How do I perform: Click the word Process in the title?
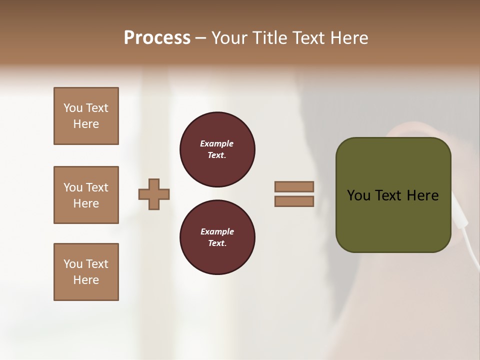click(x=157, y=38)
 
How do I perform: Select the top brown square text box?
click(x=86, y=116)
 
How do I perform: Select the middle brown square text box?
click(x=86, y=195)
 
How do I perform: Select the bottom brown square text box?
click(x=86, y=272)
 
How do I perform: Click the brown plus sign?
click(x=154, y=194)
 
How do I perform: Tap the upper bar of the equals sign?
click(x=294, y=186)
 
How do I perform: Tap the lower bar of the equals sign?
click(x=294, y=201)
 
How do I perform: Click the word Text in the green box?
click(x=388, y=195)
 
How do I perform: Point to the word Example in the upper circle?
click(x=217, y=143)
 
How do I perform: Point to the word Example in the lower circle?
click(x=217, y=231)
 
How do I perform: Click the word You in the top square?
click(x=73, y=108)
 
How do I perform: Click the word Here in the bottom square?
click(x=86, y=280)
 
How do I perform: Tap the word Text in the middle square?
click(x=97, y=187)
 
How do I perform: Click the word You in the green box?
click(x=358, y=195)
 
